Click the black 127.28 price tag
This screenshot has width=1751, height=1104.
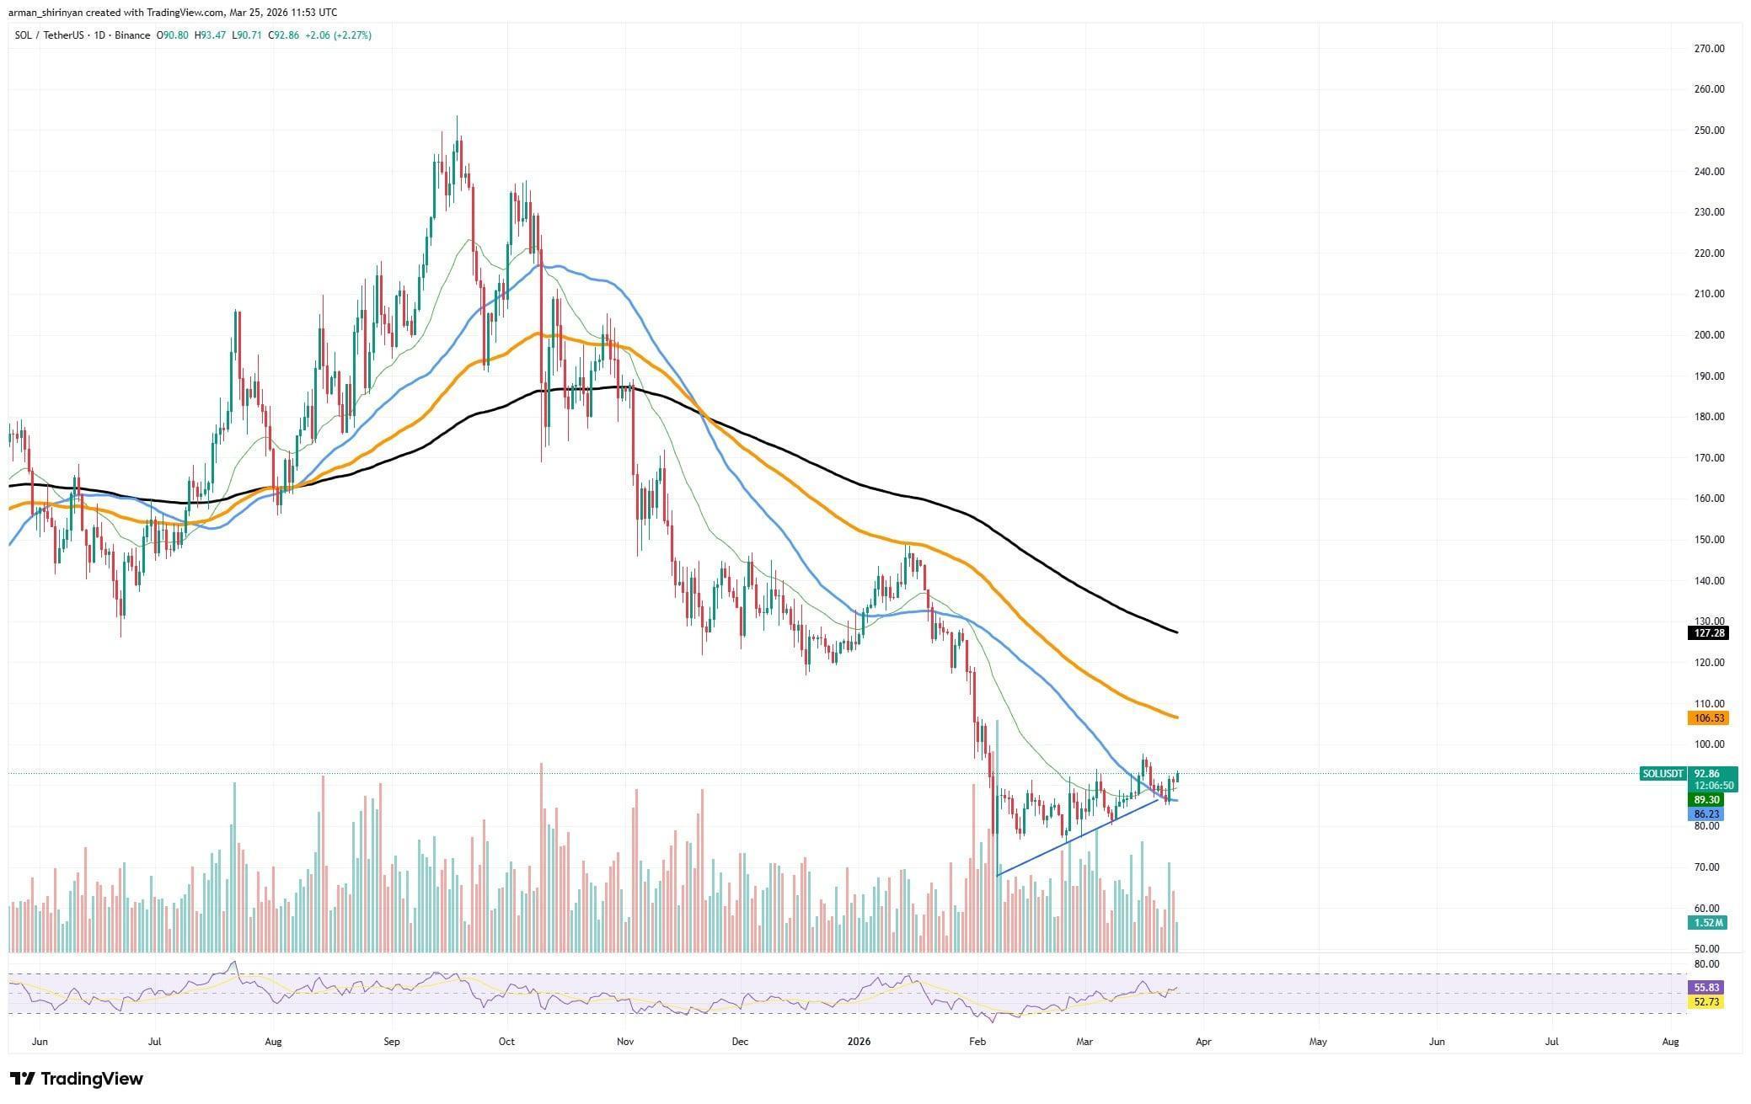1707,633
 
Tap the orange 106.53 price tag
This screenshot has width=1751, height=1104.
1707,718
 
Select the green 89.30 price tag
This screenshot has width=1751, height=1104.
1707,799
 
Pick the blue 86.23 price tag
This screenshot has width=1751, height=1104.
1707,814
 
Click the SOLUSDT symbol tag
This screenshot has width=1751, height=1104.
1663,773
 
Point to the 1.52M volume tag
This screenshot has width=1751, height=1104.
1707,923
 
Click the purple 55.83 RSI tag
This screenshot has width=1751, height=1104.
1707,987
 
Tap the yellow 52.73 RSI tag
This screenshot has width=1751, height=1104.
1707,1002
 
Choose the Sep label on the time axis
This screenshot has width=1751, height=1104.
391,1042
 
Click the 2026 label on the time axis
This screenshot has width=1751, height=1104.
859,1042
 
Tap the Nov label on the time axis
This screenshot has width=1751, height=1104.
624,1042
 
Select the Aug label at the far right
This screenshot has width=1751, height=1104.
1670,1042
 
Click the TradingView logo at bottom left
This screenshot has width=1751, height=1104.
77,1079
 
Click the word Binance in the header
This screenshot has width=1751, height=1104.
132,35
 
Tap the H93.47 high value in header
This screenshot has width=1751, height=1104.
212,35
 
